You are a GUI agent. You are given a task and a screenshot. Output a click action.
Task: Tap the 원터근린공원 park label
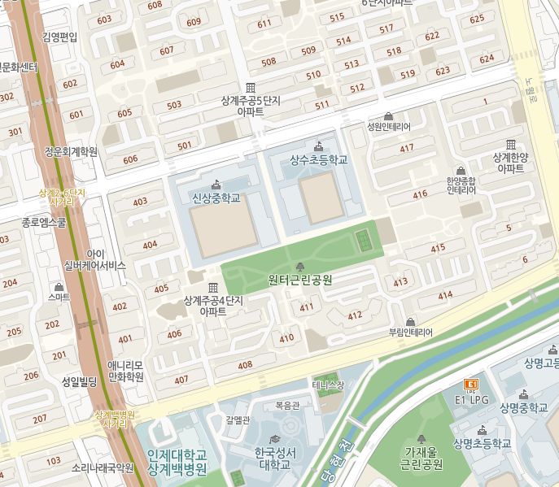[300, 280]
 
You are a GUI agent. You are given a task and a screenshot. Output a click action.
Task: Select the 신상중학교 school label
[216, 198]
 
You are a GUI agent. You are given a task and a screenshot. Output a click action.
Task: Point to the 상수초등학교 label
[318, 160]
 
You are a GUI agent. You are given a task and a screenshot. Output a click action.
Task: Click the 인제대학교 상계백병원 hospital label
[177, 462]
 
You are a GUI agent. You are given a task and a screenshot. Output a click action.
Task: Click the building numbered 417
[407, 148]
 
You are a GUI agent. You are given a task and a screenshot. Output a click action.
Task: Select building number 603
[104, 20]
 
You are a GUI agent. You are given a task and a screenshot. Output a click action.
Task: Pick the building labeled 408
[245, 366]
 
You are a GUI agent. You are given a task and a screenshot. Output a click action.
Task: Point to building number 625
[477, 19]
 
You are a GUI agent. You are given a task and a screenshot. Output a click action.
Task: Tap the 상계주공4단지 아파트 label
[213, 306]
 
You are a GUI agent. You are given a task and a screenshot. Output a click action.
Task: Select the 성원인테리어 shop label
[389, 127]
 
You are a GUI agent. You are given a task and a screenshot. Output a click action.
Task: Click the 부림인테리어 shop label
[410, 332]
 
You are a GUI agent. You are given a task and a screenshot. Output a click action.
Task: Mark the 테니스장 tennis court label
[329, 385]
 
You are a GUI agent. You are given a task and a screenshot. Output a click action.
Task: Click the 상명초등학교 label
[483, 444]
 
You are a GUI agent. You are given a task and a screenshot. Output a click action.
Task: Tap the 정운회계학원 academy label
[71, 151]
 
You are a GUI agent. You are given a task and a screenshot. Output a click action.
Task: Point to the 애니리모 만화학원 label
[126, 371]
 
